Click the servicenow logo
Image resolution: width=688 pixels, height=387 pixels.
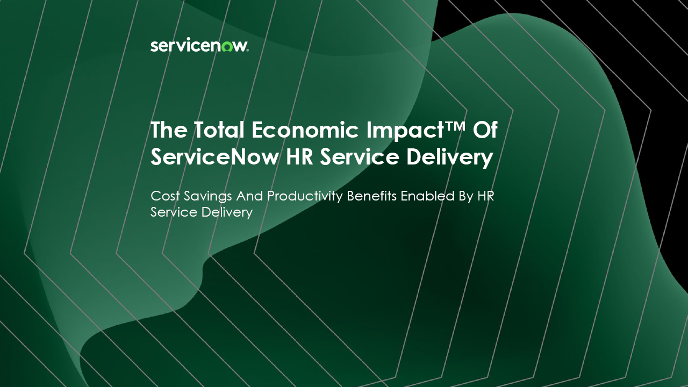point(199,46)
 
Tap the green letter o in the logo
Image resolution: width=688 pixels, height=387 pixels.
point(227,46)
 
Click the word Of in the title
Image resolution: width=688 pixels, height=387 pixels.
point(485,130)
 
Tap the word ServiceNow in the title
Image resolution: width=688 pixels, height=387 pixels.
point(214,156)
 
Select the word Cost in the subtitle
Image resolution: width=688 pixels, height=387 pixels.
point(165,196)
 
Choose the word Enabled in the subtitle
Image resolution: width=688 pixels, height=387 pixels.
point(427,196)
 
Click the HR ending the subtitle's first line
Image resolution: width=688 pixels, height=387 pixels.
point(485,196)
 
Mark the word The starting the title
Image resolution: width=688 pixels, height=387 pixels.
point(169,130)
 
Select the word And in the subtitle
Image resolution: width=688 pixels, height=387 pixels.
point(249,196)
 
